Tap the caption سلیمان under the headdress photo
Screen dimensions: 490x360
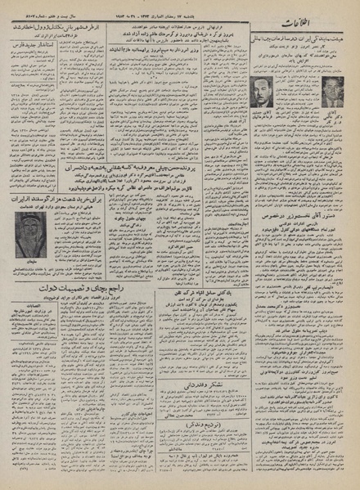31,267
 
